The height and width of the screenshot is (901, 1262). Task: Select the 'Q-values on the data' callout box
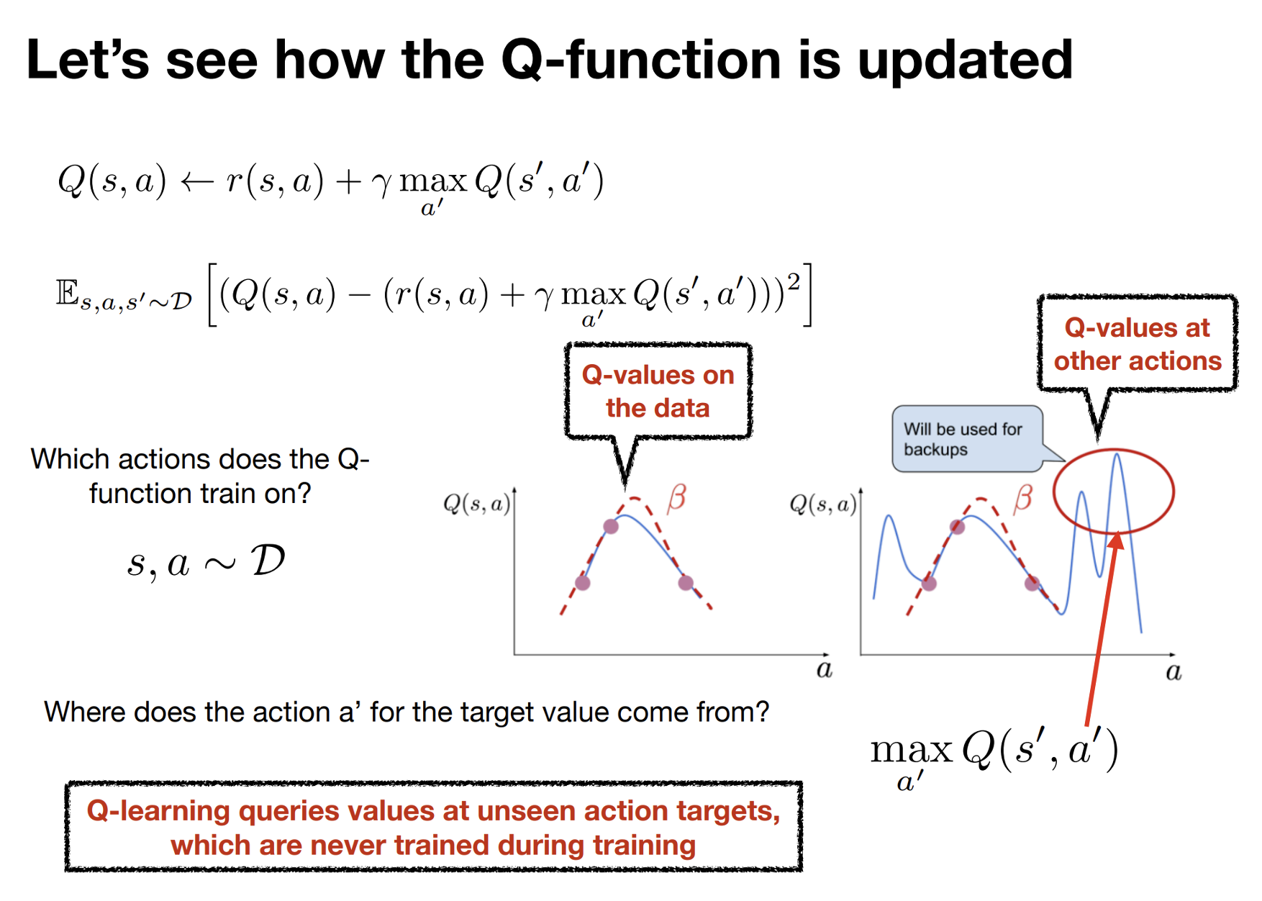pos(658,391)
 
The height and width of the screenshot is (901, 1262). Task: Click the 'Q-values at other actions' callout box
pos(1138,344)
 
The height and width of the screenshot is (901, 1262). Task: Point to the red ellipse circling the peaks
pos(1055,492)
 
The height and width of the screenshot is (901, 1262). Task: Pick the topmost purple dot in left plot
pos(611,526)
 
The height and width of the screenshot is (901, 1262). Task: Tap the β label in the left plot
pos(676,498)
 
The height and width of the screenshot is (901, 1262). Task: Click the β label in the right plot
pos(1023,498)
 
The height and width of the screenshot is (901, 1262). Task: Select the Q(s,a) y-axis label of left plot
pos(477,504)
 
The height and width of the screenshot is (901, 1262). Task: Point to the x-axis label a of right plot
pos(1174,672)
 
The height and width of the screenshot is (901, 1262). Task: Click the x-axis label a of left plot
pos(825,670)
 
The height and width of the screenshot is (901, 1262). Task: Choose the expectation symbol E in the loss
pos(68,293)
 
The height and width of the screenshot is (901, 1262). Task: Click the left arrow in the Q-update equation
pos(196,181)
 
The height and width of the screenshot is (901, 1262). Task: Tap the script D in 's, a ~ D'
pos(268,561)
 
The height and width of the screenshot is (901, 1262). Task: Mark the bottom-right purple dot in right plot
pos(1032,583)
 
